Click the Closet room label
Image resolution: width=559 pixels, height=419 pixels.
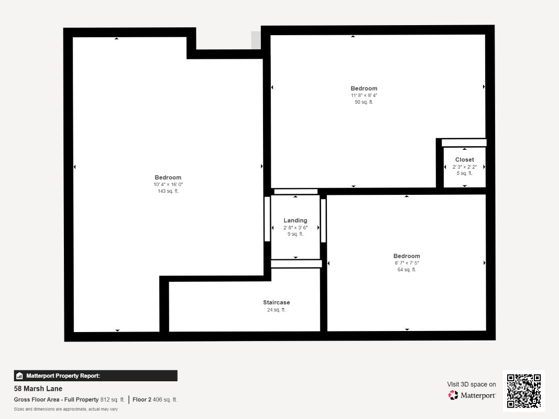coord(464,160)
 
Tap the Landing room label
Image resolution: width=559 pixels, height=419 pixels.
coord(295,220)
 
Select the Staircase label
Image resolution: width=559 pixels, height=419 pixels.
coord(276,303)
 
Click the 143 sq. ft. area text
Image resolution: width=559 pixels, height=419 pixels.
coord(168,191)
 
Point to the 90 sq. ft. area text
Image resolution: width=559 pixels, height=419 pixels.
coord(364,102)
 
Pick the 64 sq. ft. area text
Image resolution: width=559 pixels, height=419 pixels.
coord(407,270)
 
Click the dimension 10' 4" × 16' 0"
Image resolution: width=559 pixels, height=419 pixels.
coord(168,184)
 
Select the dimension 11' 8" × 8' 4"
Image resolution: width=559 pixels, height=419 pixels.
coord(364,95)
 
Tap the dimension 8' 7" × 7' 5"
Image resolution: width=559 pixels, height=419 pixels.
coord(407,263)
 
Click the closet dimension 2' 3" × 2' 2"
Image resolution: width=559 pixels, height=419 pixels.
coord(464,167)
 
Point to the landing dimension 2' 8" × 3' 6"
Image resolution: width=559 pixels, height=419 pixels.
coord(295,228)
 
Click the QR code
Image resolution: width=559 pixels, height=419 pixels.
coord(524,391)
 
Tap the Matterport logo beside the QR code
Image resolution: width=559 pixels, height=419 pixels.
coord(472,395)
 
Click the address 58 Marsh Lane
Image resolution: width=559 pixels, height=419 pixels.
coord(38,389)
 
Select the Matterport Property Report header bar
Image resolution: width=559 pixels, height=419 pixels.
coord(95,376)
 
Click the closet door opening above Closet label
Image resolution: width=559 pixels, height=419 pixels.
coord(464,142)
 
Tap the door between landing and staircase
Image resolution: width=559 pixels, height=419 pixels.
coord(296,263)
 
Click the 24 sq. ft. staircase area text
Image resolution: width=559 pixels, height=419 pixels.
coord(276,310)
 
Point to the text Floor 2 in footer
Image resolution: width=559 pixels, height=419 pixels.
coord(142,400)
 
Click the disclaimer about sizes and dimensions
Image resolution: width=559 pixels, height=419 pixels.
coord(65,409)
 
